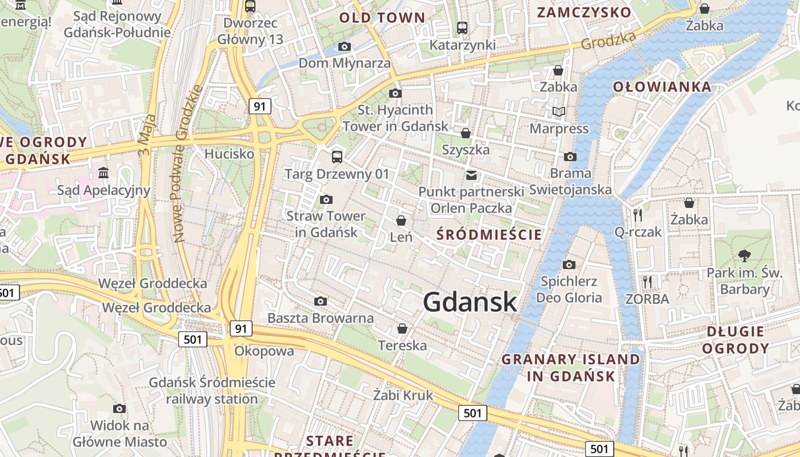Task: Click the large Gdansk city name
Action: [x=470, y=302]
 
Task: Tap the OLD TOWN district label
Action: [x=382, y=18]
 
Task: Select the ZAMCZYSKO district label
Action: [x=584, y=13]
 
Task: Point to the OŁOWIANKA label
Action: [x=662, y=87]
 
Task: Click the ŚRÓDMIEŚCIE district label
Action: [x=489, y=234]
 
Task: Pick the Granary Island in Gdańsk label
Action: [x=570, y=367]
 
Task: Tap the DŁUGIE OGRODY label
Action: [x=735, y=340]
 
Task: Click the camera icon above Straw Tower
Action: [x=326, y=199]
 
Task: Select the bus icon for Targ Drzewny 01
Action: [x=337, y=157]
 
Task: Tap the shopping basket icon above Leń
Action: [x=401, y=221]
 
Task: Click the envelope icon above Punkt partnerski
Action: [x=471, y=175]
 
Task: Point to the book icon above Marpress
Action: [x=558, y=112]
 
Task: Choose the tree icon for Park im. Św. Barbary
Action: [x=744, y=255]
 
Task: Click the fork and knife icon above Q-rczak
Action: [x=638, y=215]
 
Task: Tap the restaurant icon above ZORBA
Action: [x=647, y=282]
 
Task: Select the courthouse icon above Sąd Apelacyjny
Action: [x=103, y=173]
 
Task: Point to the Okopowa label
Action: [x=264, y=351]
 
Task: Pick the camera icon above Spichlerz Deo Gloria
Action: [x=569, y=264]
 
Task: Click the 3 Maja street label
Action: [x=146, y=135]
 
